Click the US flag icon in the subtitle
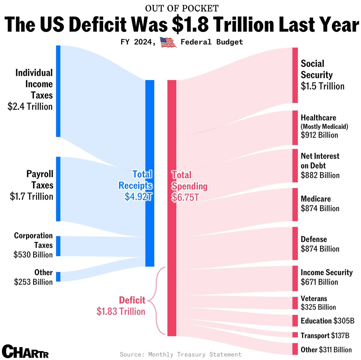tap(168, 42)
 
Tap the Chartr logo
tap(25, 351)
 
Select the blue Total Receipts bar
tap(150, 173)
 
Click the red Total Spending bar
tap(171, 208)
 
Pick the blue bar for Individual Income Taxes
tap(58, 91)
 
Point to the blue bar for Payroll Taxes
tap(58, 189)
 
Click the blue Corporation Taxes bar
tap(58, 246)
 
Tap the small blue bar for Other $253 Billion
tap(58, 277)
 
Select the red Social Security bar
tap(295, 75)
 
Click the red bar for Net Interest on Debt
tap(295, 166)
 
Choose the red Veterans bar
tap(295, 303)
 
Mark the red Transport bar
tap(295, 335)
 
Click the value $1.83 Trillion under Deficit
tap(121, 312)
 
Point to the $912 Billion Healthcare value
tap(319, 135)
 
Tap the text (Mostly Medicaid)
tap(324, 126)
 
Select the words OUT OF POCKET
tap(182, 8)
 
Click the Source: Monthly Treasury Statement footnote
tap(180, 354)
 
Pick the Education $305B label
tap(327, 321)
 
